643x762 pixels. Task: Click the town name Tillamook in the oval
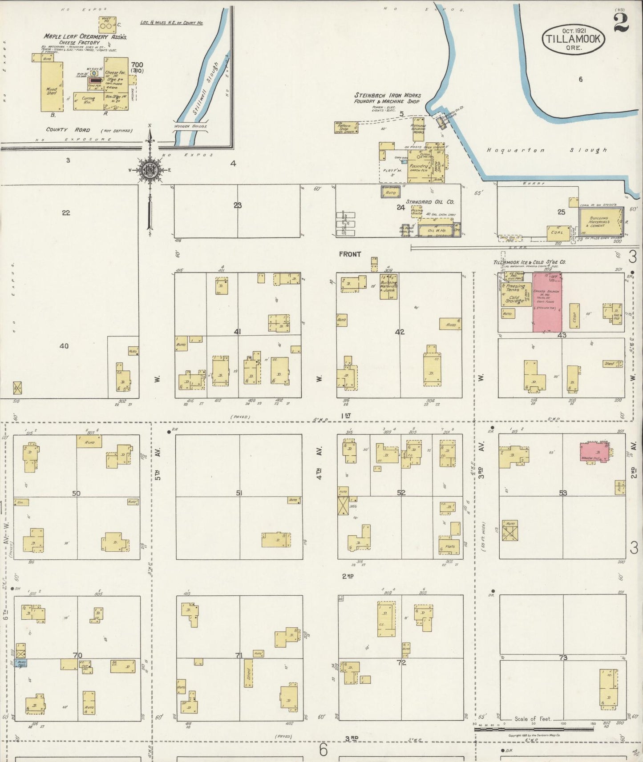(x=573, y=39)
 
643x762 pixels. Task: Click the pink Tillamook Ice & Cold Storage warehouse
(x=547, y=302)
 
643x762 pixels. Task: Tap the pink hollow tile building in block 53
(x=595, y=452)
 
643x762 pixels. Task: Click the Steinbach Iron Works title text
(x=388, y=95)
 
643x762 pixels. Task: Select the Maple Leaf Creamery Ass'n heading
(x=85, y=37)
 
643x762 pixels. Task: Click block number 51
(x=239, y=493)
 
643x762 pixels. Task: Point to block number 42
(x=400, y=332)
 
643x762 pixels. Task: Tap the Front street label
(x=350, y=254)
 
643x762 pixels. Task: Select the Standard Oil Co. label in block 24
(x=430, y=202)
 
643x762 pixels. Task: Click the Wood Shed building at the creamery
(x=52, y=87)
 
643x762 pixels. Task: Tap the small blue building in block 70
(x=21, y=663)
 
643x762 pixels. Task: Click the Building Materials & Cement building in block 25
(x=601, y=222)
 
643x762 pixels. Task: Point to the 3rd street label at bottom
(x=351, y=738)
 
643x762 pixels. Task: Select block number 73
(x=563, y=658)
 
